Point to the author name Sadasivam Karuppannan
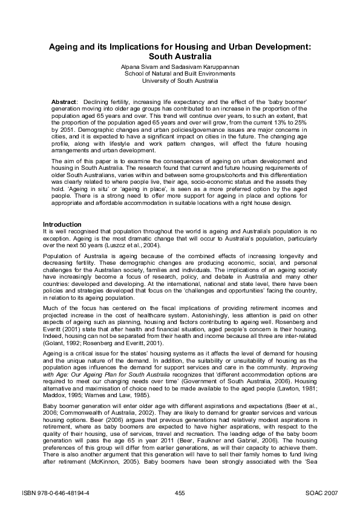pyautogui.click(x=205, y=66)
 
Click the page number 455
pyautogui.click(x=180, y=493)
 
